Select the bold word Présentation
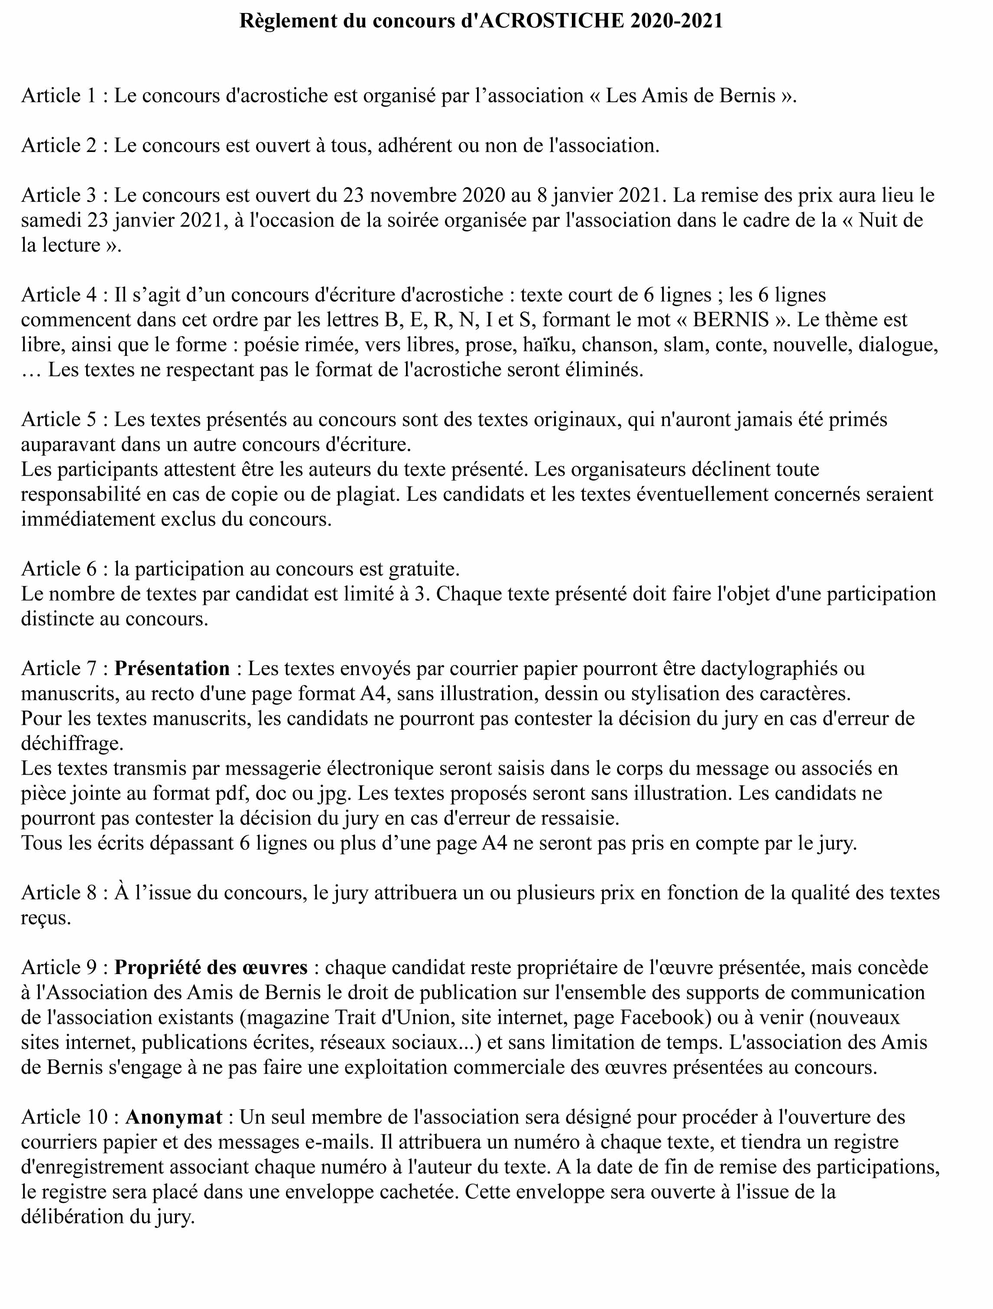coord(172,668)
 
